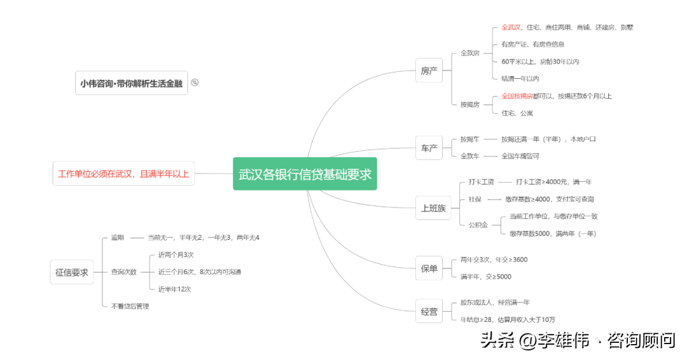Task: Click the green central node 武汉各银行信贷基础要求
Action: (x=305, y=174)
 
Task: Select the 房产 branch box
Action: (x=429, y=71)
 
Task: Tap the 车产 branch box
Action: (x=429, y=148)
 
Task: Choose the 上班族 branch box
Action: (x=433, y=208)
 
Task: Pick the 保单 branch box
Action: (x=429, y=268)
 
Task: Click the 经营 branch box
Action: (x=429, y=312)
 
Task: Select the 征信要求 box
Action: (x=72, y=272)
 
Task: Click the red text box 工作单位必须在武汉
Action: (x=123, y=174)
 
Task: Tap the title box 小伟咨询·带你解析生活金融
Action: (x=132, y=83)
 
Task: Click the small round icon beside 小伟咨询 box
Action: (x=195, y=82)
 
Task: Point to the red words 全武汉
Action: (x=511, y=27)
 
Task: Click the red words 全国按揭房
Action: (x=517, y=96)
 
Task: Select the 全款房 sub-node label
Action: (x=470, y=53)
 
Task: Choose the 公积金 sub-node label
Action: (x=478, y=225)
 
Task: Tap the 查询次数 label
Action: (x=123, y=272)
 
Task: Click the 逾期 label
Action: (x=118, y=237)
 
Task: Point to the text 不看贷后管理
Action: (x=130, y=306)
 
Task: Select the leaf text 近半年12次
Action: (x=175, y=289)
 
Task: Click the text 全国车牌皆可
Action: (x=520, y=156)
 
